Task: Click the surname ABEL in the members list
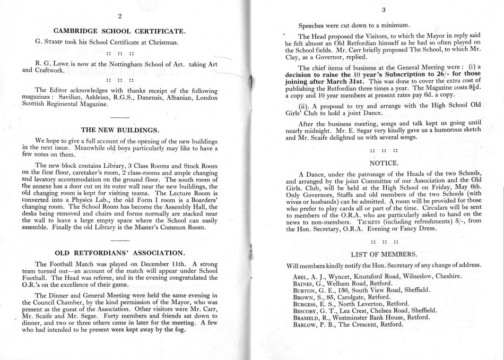pos(301,276)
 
